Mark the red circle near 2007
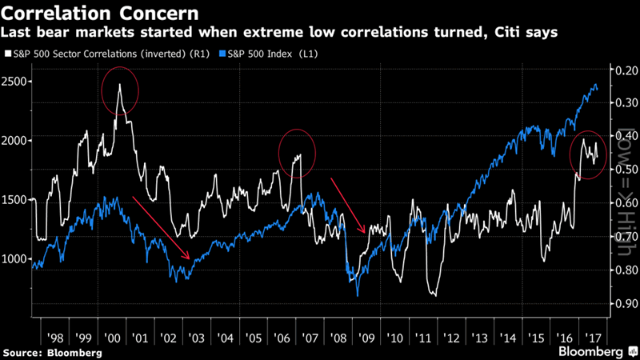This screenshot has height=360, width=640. [296, 154]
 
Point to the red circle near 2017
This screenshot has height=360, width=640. [590, 154]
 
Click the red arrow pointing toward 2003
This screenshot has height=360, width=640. [162, 227]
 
